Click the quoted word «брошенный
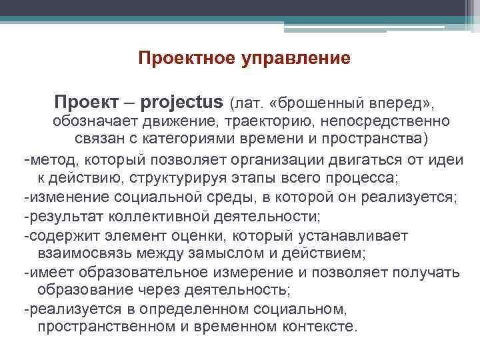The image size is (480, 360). [x=319, y=104]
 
